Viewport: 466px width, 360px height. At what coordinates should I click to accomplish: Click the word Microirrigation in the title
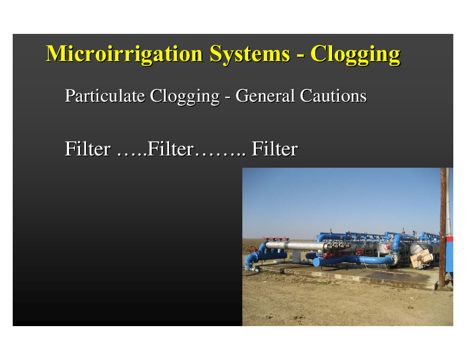pos(124,54)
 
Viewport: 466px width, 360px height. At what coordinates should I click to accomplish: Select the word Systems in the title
pos(250,54)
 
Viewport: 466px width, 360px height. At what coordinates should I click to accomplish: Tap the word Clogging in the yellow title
pos(355,55)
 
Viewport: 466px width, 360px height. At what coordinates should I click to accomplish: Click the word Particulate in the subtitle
pos(105,96)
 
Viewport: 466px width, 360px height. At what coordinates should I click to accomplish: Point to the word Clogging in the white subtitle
pos(185,97)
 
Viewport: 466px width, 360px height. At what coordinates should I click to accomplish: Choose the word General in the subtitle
pos(265,96)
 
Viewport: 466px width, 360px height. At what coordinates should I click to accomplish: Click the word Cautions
pos(333,96)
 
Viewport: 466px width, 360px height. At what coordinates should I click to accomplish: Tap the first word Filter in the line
pos(88,149)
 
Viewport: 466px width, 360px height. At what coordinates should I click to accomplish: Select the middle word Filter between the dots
pos(170,149)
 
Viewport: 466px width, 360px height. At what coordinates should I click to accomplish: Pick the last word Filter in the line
pos(275,149)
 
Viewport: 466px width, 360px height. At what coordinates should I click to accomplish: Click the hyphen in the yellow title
pos(300,55)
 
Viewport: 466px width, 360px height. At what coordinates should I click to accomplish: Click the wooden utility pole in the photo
pos(443,227)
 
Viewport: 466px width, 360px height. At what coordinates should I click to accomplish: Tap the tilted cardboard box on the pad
pos(422,258)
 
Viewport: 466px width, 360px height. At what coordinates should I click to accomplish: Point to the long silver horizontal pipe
pos(297,245)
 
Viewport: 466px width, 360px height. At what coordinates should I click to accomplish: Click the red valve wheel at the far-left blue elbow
pos(252,249)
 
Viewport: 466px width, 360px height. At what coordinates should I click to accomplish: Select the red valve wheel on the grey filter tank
pos(387,247)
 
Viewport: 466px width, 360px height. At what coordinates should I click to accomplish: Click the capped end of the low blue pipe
pos(316,262)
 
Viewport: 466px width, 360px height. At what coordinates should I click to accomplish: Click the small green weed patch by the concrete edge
pos(325,282)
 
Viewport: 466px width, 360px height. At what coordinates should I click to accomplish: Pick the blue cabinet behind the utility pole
pos(449,254)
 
